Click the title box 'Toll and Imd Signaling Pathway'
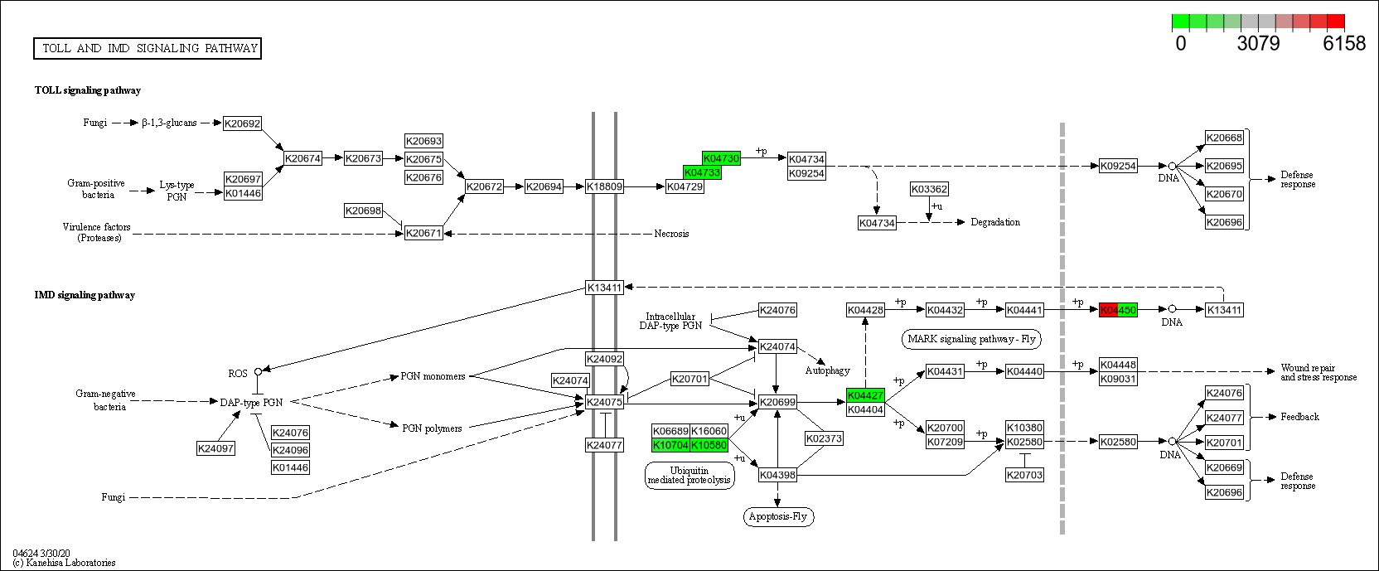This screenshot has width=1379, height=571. point(148,49)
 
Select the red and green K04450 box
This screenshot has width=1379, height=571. point(1118,310)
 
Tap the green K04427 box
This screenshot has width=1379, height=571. point(865,396)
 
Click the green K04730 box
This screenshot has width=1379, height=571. point(720,158)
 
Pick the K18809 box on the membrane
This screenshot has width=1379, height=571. point(604,186)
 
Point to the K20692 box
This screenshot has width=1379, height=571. point(242,123)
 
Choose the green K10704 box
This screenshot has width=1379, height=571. point(670,445)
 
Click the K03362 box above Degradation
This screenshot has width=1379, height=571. point(929,189)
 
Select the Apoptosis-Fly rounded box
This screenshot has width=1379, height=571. point(777,516)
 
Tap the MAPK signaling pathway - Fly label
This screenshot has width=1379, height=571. point(971,339)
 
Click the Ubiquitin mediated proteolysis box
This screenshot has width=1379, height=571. point(689,475)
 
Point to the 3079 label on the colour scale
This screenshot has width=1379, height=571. point(1258,44)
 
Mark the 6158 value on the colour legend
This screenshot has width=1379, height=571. point(1343,44)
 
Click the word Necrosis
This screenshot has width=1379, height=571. point(671,234)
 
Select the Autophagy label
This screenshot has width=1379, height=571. point(827,370)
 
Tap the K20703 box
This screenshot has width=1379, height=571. point(1024,475)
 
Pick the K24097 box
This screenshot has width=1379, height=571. point(215,448)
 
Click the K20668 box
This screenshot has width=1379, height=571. point(1224,138)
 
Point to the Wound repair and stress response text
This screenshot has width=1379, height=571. point(1318,372)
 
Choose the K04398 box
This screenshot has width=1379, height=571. point(777,475)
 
